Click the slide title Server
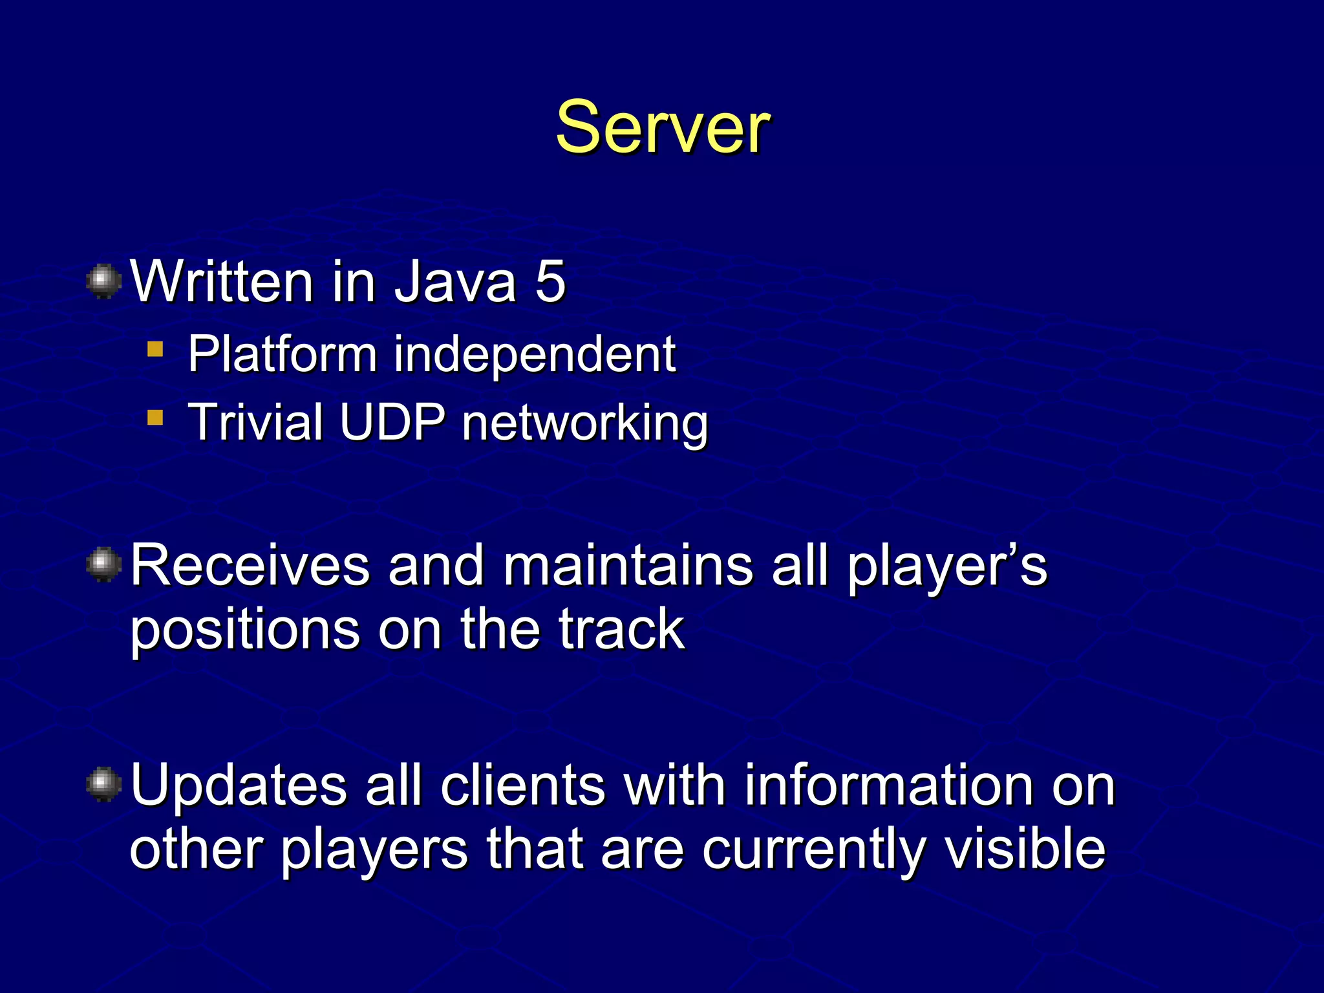[662, 127]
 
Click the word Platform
[282, 354]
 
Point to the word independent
[535, 354]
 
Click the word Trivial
[255, 422]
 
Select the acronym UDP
[392, 422]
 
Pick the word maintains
[628, 565]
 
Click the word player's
[946, 566]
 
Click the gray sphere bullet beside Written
[103, 281]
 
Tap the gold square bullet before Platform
[155, 350]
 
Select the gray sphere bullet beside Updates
[103, 784]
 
